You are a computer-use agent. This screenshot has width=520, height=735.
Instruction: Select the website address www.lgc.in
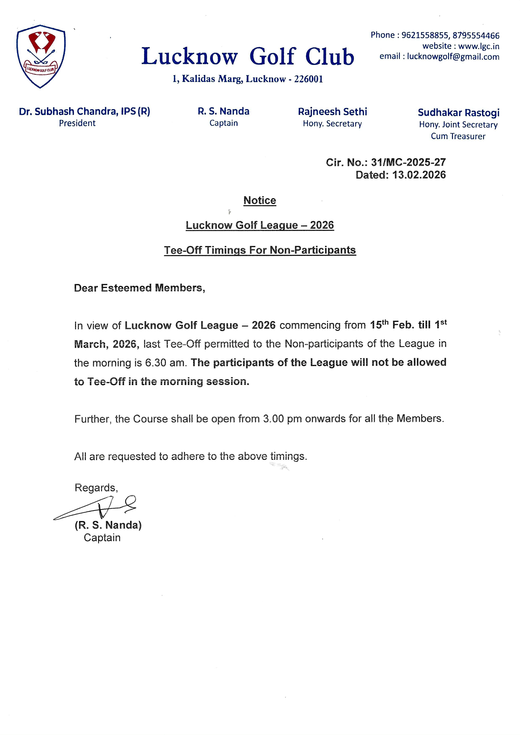point(479,46)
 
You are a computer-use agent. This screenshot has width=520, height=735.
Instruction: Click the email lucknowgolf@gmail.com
point(453,57)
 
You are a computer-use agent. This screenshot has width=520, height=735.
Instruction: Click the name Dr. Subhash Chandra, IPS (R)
point(84,111)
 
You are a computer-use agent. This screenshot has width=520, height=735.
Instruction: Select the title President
point(77,123)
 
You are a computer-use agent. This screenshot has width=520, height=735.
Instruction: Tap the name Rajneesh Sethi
point(332,112)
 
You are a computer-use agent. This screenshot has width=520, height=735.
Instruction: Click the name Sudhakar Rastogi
point(459,113)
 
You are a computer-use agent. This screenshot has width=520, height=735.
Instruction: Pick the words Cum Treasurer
point(458,136)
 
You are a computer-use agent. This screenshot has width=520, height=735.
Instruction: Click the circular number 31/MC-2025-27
point(408,162)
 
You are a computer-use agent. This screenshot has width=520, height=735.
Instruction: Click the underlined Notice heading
point(260,200)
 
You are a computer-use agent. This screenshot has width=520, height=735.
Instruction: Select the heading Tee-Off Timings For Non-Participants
point(260,250)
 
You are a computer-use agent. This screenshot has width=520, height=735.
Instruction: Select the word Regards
point(96,488)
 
